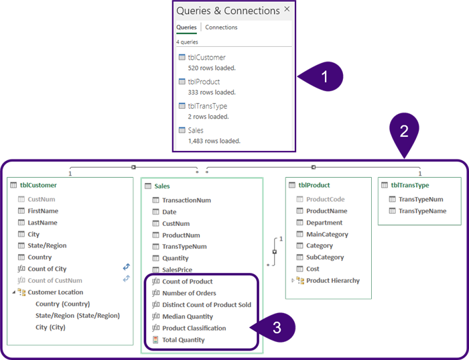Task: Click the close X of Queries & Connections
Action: coord(287,10)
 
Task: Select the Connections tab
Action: coord(221,27)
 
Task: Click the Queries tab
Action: coord(186,27)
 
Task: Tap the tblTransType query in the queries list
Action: coord(207,106)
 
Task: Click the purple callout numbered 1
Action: coord(324,76)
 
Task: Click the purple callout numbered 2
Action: coord(404,132)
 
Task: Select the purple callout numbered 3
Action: coord(276,328)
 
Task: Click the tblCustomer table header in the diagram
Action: coord(38,185)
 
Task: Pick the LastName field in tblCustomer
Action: coord(42,223)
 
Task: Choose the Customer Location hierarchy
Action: coord(56,292)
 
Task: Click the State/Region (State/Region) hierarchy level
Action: coord(78,316)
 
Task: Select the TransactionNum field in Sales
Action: coord(186,200)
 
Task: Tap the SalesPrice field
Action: coord(177,269)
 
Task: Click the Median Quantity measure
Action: coord(188,316)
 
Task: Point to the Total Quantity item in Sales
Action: coord(184,340)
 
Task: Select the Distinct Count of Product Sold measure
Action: coord(206,304)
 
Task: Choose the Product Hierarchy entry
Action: coord(333,280)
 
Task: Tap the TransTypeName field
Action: coord(422,211)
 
